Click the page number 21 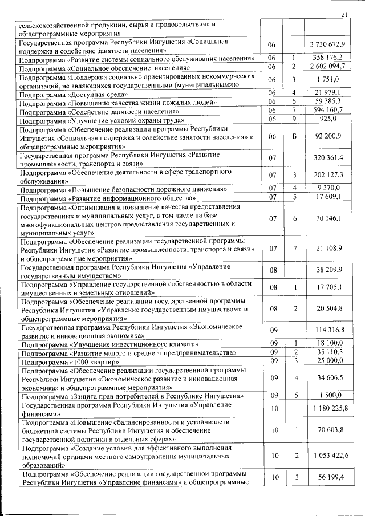point(343,14)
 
